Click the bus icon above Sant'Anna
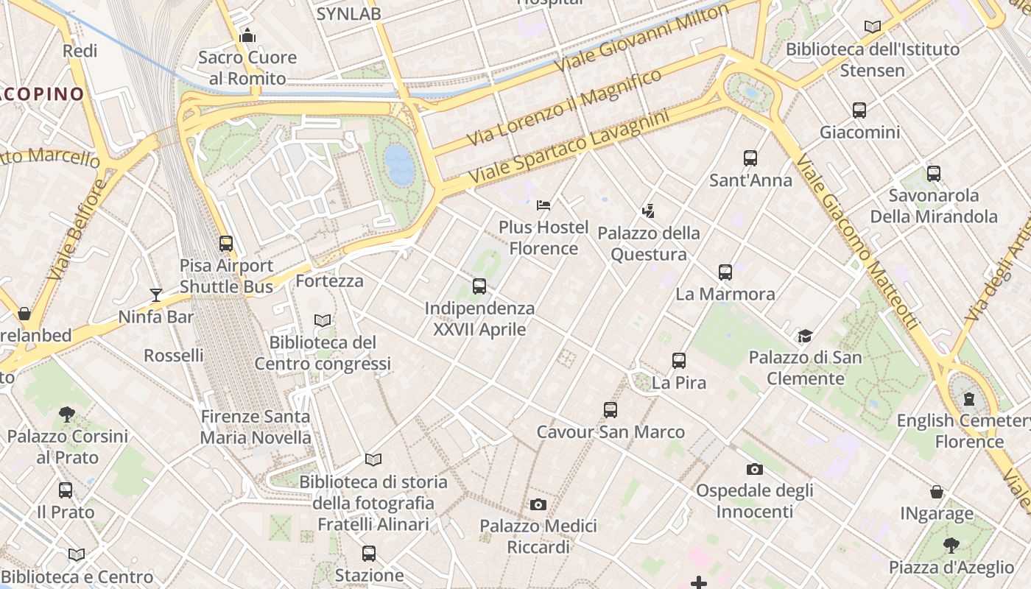click(x=750, y=158)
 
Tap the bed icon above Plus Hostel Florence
click(x=543, y=205)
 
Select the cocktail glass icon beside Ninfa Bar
click(x=155, y=295)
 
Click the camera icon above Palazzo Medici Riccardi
click(x=538, y=504)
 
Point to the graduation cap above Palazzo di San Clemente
click(x=805, y=336)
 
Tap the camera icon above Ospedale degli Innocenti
click(x=754, y=469)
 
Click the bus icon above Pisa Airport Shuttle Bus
click(x=226, y=243)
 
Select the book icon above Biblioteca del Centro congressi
click(x=323, y=320)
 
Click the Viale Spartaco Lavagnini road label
click(x=569, y=147)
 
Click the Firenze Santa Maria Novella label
click(x=256, y=427)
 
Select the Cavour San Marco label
click(x=610, y=432)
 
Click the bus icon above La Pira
click(x=679, y=361)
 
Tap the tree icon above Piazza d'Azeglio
click(x=951, y=546)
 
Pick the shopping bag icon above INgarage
click(x=937, y=491)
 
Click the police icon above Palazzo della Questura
click(x=648, y=211)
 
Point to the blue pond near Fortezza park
click(x=399, y=164)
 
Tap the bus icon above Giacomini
click(x=859, y=110)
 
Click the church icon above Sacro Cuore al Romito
click(x=247, y=35)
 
